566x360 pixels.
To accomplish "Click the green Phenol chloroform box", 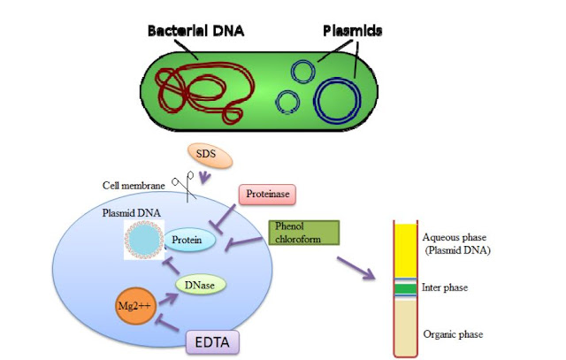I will click(x=301, y=233).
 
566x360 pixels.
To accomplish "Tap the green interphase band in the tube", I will click(x=406, y=288).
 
